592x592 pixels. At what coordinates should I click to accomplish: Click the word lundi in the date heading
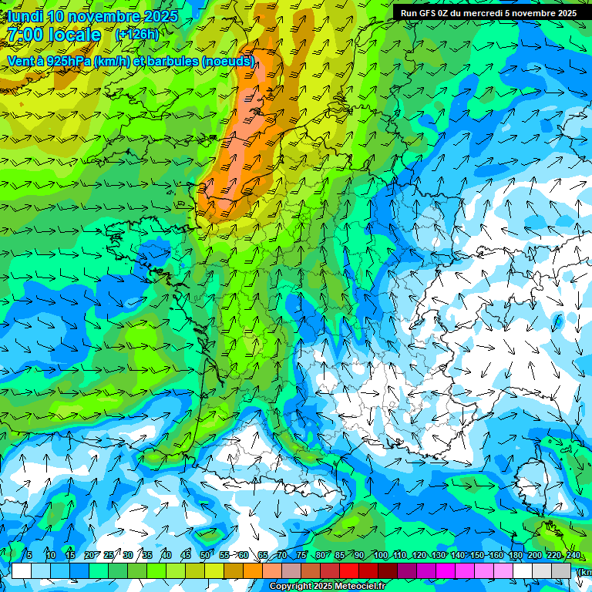[x=25, y=16]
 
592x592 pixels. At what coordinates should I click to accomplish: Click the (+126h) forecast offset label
[x=136, y=34]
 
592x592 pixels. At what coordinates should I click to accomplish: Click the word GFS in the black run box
[x=429, y=13]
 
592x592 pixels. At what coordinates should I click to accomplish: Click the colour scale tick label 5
[x=29, y=556]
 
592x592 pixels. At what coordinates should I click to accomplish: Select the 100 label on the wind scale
[x=380, y=556]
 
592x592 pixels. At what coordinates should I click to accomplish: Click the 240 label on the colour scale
[x=573, y=556]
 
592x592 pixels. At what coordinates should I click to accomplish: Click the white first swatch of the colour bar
[x=21, y=571]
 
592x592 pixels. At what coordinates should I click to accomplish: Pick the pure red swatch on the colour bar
[x=349, y=571]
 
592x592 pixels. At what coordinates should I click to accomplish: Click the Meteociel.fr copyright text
[x=362, y=587]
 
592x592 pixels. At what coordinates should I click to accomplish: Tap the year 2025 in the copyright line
[x=321, y=587]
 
